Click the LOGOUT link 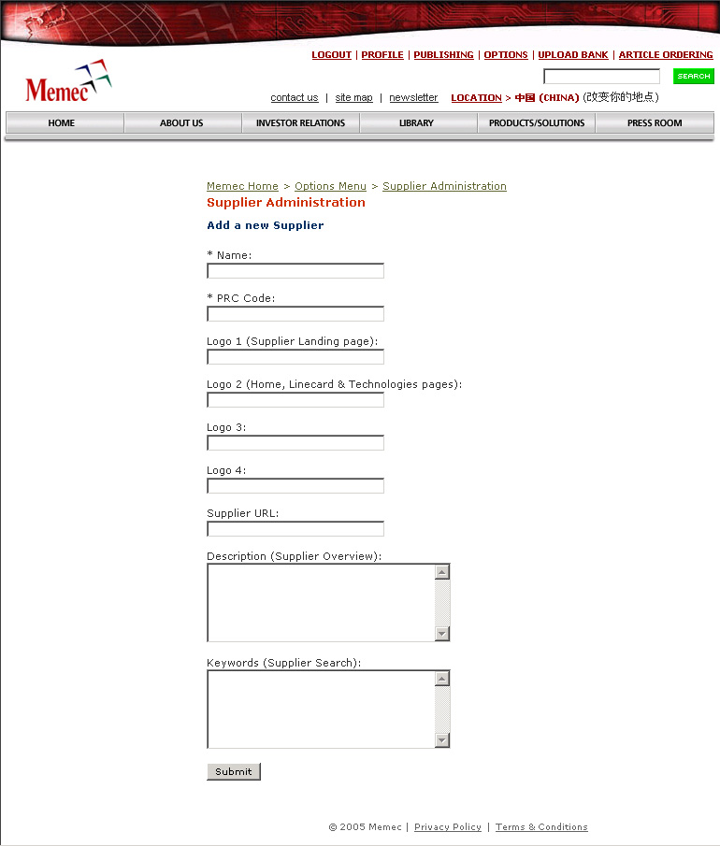(331, 55)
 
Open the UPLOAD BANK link (572, 55)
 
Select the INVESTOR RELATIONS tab (300, 123)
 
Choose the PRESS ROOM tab (655, 123)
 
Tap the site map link (353, 98)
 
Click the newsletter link (413, 98)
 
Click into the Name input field (295, 271)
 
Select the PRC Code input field (295, 314)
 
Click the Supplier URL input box (295, 529)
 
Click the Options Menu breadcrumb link (330, 187)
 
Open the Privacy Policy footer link (447, 827)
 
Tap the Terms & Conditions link (541, 827)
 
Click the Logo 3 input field (295, 443)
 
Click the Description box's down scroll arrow (442, 634)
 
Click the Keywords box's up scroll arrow (442, 679)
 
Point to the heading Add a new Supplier (265, 225)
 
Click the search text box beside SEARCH (601, 77)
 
